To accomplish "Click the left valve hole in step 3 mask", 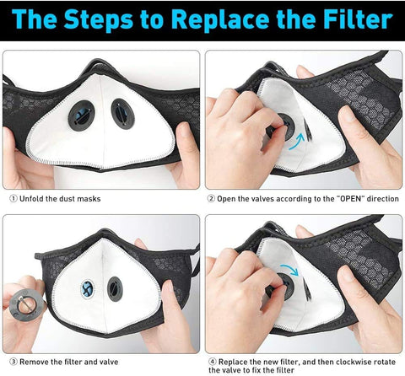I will pyautogui.click(x=88, y=289).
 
